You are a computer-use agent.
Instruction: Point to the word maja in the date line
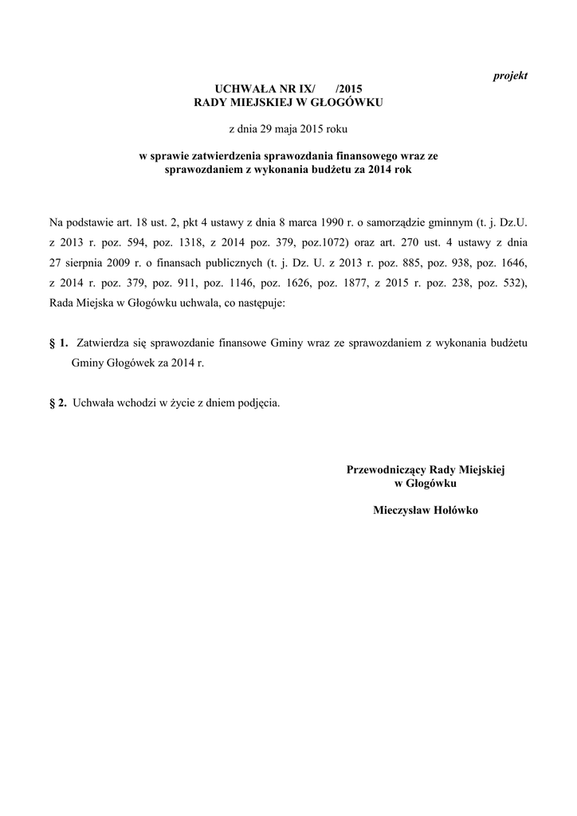[x=285, y=128]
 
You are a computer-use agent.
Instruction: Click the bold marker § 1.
[x=58, y=343]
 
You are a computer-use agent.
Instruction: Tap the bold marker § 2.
[x=58, y=403]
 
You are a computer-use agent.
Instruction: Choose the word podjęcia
[x=260, y=403]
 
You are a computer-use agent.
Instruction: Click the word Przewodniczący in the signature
[x=387, y=470]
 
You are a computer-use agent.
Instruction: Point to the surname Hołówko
[x=453, y=511]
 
